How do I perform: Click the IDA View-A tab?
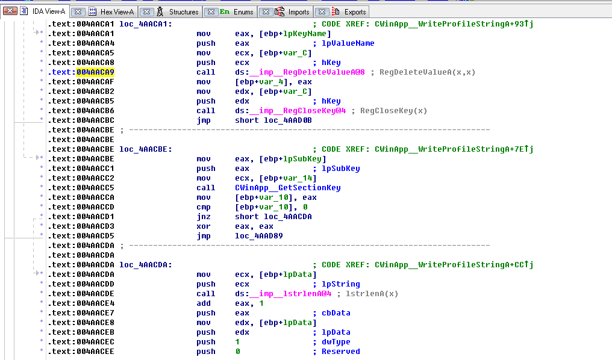pos(48,11)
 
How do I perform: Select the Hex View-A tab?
pos(116,11)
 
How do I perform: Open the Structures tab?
pos(183,11)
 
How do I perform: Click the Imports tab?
pos(298,11)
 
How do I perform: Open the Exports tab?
pos(355,11)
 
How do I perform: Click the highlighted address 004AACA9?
pos(95,72)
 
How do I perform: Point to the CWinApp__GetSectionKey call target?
pos(288,188)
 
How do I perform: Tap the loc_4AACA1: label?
pos(146,24)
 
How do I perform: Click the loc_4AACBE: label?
pos(146,149)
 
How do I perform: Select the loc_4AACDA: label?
pos(146,265)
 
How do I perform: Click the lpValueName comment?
pos(348,43)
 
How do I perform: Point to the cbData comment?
pos(336,313)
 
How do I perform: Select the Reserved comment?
pos(340,352)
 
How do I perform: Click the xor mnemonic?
pos(204,226)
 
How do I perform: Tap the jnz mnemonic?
pos(204,217)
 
